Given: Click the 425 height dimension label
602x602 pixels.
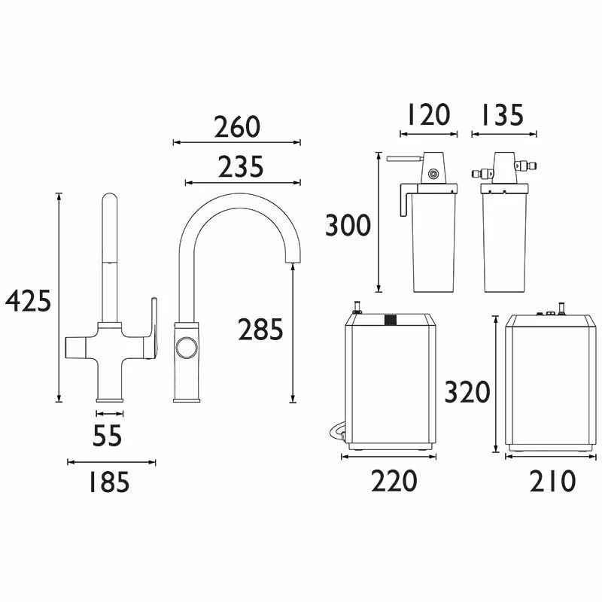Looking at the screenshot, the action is (x=28, y=300).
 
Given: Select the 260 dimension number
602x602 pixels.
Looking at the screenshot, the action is (x=237, y=127).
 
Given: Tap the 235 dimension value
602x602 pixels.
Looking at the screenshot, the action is (x=241, y=167).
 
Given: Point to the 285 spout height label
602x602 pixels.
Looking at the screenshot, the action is (x=260, y=330).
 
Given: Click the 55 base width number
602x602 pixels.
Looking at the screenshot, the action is (x=108, y=436).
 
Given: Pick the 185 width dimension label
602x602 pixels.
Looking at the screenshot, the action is (x=109, y=482).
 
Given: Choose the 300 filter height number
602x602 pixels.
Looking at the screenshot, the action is (x=348, y=225).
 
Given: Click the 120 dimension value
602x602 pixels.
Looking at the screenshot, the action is (x=429, y=114).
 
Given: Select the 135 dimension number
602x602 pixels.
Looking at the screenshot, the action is (x=503, y=114).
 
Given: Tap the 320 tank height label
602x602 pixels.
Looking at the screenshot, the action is (x=467, y=392).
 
